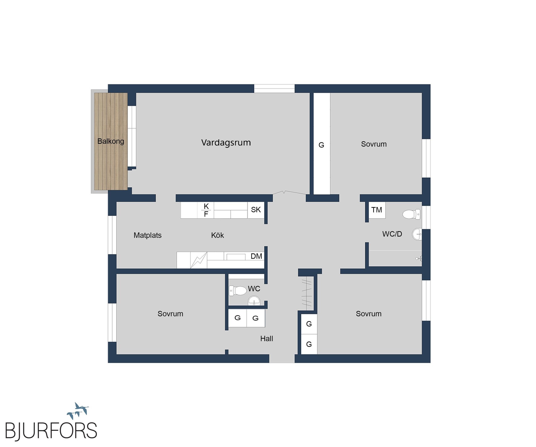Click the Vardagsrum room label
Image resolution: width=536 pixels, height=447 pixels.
226,143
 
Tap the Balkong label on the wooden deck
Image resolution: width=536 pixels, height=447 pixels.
111,141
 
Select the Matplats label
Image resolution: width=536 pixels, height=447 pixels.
147,235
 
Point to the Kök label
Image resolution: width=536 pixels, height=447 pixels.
217,235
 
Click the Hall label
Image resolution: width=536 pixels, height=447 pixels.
267,339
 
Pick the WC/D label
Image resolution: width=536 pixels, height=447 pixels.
392,234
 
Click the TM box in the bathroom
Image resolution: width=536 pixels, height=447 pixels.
377,210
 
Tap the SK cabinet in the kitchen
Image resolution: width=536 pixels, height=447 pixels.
256,210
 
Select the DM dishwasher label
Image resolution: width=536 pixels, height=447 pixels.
256,256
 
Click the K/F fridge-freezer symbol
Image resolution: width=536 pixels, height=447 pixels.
206,210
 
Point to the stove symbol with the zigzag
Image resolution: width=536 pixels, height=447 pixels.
198,260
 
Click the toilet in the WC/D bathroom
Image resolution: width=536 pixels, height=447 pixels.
411,214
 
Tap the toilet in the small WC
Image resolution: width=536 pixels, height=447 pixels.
238,291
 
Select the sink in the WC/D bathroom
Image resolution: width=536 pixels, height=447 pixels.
417,234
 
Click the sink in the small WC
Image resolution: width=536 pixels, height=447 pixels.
254,301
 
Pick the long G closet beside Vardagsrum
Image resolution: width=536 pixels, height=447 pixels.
322,144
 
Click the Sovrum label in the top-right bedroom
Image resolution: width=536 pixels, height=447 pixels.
374,144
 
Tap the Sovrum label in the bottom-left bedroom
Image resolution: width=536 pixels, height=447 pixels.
170,314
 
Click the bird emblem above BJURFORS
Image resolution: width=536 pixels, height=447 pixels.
78,411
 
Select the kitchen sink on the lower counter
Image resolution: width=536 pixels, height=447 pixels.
236,256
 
